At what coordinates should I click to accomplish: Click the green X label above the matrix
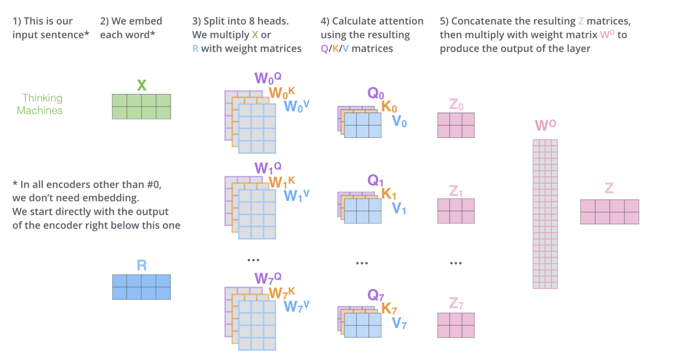point(142,85)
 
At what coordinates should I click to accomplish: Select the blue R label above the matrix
point(142,265)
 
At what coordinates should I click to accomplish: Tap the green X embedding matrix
point(141,107)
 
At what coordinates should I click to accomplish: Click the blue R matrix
point(141,287)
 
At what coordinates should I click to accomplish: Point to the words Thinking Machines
point(40,104)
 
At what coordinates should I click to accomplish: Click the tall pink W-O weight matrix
point(545,214)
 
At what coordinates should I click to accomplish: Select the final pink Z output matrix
point(609,212)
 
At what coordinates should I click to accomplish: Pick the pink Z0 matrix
point(456,125)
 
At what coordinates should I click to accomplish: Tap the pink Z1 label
point(456,191)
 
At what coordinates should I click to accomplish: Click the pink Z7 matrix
point(456,325)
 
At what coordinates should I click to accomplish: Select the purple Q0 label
point(376,93)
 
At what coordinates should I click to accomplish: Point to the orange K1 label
point(389,194)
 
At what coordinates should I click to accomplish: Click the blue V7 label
point(399,323)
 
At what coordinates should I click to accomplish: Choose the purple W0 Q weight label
point(268,78)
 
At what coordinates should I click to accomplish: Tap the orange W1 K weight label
point(282,182)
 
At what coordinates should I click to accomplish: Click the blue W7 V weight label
point(296,306)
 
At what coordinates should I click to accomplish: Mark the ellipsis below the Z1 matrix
point(456,263)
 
